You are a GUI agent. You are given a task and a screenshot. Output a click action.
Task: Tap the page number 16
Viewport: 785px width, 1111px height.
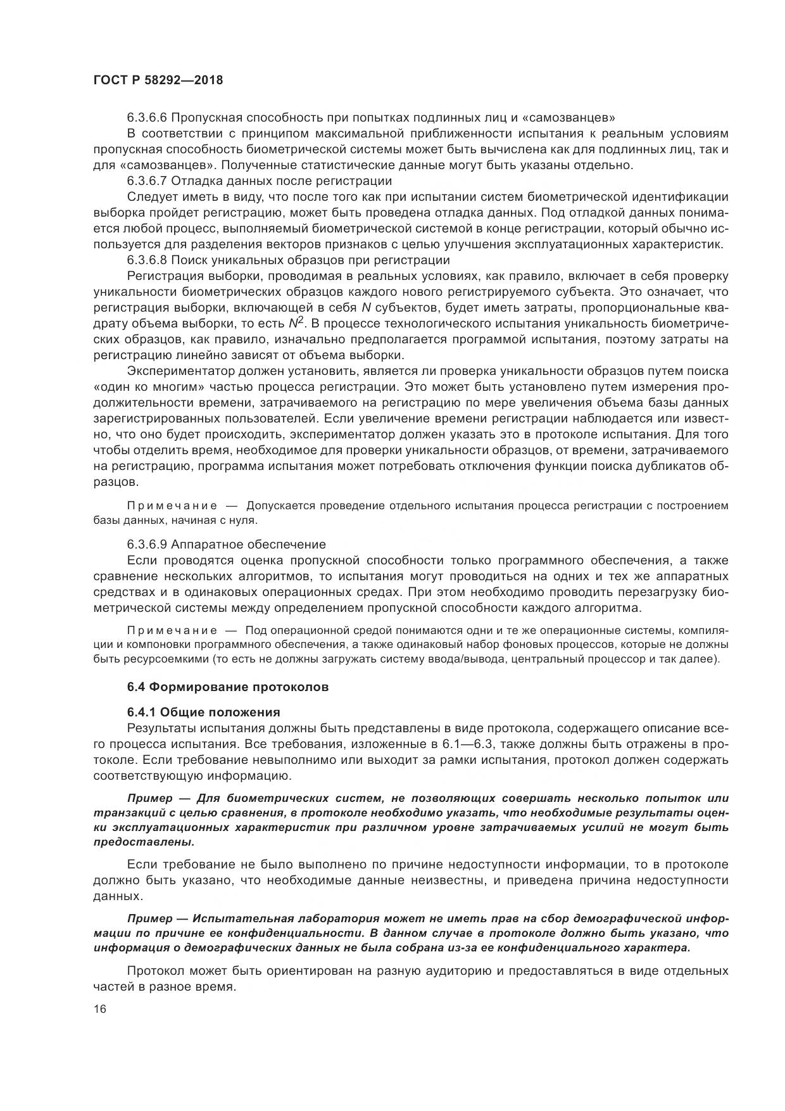100,1008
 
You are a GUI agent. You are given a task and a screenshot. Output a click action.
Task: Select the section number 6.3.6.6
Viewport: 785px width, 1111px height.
147,117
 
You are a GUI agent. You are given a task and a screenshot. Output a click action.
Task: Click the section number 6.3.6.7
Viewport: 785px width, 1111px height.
147,181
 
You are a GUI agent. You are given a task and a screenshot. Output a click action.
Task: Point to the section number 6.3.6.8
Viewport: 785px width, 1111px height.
147,260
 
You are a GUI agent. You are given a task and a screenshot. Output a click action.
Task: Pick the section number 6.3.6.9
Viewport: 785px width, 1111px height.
147,544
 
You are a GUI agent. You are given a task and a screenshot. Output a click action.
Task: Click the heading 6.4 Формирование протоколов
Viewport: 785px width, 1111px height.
228,687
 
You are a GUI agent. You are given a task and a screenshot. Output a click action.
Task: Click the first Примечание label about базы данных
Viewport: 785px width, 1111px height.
172,505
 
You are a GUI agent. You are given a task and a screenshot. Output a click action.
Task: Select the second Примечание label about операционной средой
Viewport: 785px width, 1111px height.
172,630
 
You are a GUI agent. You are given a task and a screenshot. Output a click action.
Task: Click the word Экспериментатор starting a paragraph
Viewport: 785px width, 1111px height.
180,371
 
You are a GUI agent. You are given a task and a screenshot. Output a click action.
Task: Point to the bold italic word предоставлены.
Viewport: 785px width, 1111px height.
143,842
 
